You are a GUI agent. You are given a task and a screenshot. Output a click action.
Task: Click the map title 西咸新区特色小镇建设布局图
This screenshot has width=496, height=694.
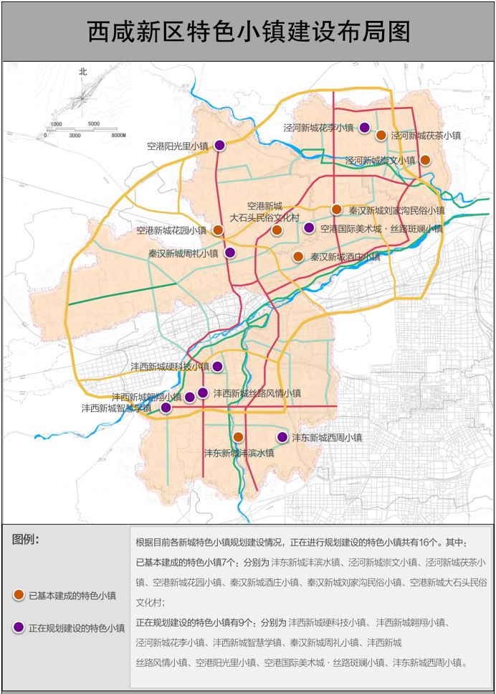click(x=248, y=32)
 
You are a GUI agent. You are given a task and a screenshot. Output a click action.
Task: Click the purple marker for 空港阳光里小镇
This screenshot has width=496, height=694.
click(x=220, y=145)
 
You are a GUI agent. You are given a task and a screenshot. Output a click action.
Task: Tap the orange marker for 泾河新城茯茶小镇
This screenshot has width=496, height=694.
click(x=381, y=135)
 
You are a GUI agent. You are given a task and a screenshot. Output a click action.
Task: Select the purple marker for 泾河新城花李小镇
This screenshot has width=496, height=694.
click(x=364, y=128)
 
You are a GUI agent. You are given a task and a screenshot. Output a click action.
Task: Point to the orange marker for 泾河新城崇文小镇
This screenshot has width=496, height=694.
click(x=425, y=160)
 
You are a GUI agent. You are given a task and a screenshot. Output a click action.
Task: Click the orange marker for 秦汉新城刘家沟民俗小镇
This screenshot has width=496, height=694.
click(x=337, y=210)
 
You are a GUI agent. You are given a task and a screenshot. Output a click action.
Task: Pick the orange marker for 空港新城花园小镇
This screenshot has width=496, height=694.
click(x=217, y=230)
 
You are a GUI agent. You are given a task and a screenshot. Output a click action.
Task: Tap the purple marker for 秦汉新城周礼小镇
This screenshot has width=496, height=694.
click(x=230, y=253)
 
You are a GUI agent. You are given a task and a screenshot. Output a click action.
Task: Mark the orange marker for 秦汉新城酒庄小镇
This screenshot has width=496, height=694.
click(x=298, y=256)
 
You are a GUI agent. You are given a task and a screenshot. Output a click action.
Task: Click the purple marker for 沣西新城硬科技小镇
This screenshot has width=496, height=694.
click(x=217, y=366)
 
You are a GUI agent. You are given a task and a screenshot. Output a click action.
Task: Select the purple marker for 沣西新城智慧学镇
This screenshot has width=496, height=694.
click(x=166, y=408)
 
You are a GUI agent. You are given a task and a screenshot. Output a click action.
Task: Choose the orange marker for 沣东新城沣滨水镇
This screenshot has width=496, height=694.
click(x=238, y=437)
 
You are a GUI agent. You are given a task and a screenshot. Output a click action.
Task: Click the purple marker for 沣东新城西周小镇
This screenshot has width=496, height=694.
click(x=282, y=437)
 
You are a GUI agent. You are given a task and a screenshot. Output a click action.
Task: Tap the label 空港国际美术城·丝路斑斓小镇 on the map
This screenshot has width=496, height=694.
click(x=381, y=229)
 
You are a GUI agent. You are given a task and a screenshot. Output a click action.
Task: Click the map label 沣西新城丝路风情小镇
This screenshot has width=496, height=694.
click(x=257, y=393)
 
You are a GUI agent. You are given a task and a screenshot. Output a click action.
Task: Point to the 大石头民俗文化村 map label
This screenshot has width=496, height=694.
click(x=264, y=217)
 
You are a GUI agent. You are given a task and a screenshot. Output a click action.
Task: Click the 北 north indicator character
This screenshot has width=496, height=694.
click(x=82, y=72)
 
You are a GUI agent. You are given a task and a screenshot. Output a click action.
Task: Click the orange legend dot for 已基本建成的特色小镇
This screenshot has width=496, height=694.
click(x=19, y=595)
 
